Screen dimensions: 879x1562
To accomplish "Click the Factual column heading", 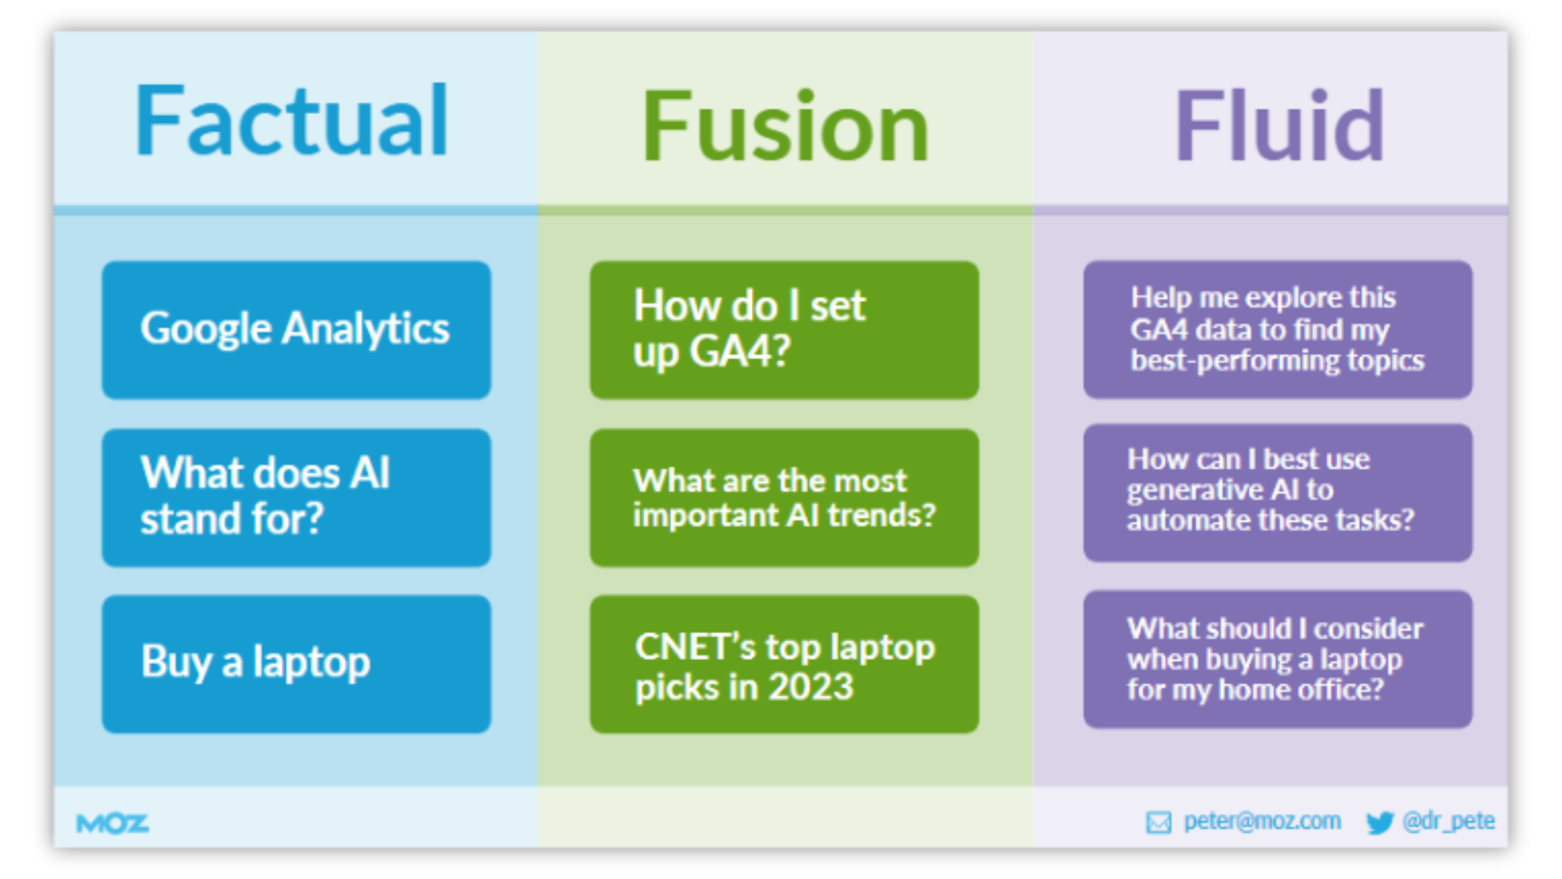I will [x=291, y=122].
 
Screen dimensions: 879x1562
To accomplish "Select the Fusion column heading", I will [x=785, y=128].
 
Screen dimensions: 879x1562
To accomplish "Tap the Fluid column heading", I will [x=1279, y=128].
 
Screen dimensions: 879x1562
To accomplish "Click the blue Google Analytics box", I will [x=296, y=330].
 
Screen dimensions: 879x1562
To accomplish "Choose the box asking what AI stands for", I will [x=296, y=497].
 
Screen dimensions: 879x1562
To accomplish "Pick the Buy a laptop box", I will [x=296, y=663].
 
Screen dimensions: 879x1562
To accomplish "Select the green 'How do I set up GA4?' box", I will [x=784, y=330].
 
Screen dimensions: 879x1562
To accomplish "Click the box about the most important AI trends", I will [x=784, y=497].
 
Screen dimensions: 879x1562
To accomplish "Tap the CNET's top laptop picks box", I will [x=784, y=663].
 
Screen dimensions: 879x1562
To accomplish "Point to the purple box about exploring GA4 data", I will [x=1277, y=330].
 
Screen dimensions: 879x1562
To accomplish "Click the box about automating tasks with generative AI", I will [x=1277, y=492].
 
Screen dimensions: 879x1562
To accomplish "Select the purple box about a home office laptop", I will [x=1277, y=659].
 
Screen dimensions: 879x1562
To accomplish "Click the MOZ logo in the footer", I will [x=112, y=824].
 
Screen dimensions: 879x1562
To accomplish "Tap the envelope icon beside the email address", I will [x=1158, y=823].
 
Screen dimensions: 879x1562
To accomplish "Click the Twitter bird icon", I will [x=1380, y=823].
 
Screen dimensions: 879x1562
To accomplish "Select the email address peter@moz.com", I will [x=1262, y=821].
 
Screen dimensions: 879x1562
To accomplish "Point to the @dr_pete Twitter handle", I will [x=1448, y=821].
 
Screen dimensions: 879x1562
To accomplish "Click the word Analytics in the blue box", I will [x=366, y=330].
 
